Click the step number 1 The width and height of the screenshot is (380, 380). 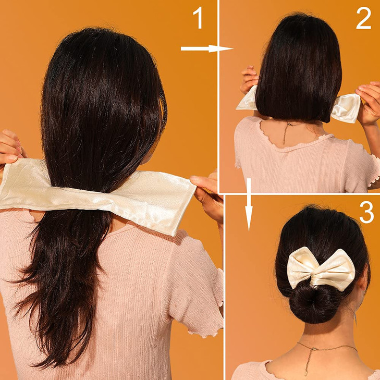pos(198,19)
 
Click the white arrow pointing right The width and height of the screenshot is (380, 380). pos(206,48)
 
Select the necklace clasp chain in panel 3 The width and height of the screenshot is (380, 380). pos(307,354)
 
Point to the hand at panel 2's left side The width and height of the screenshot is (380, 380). pos(249,78)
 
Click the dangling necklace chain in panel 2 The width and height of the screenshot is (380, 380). pos(286,133)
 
